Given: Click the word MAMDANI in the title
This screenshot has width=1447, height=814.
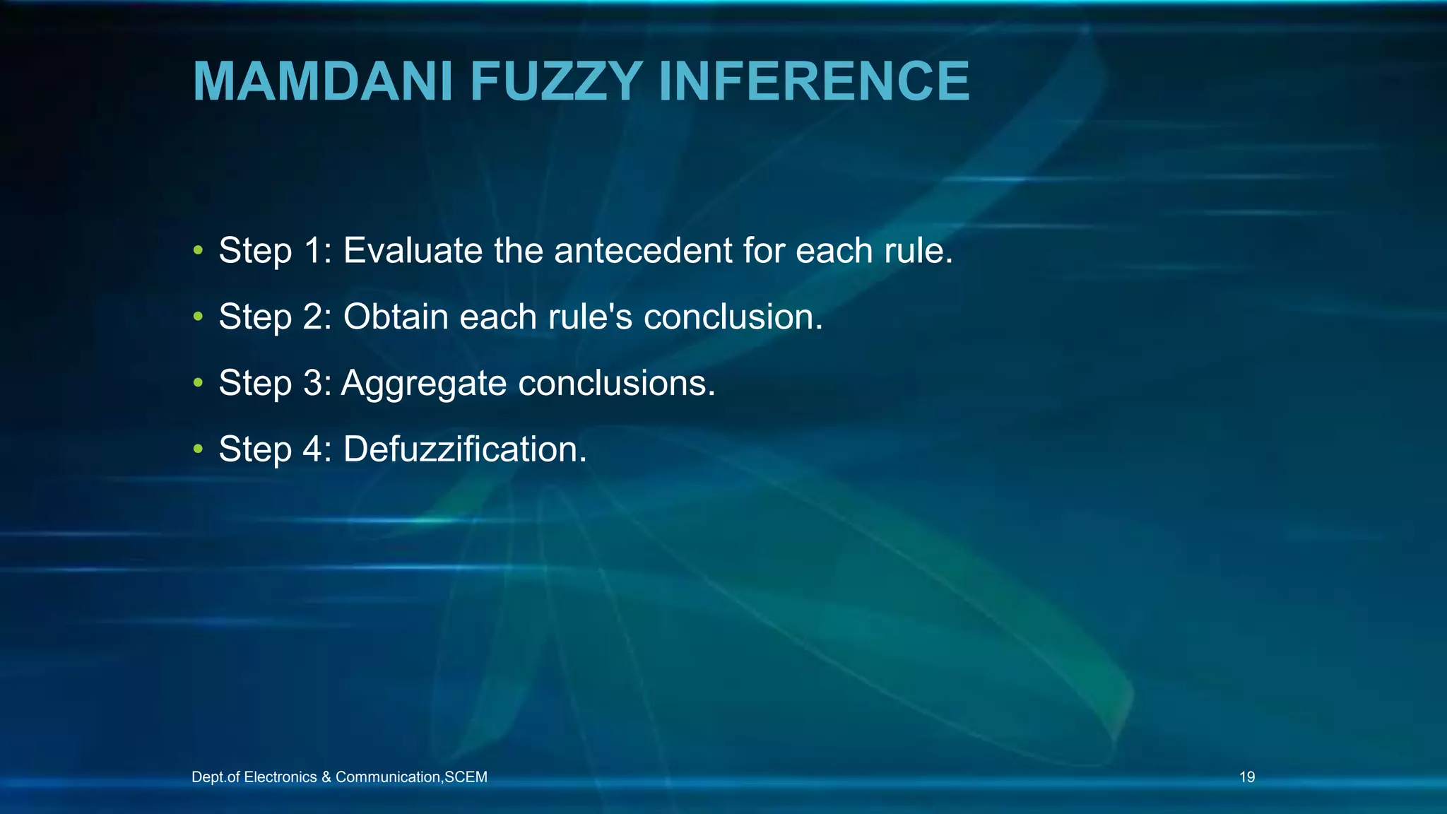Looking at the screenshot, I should pyautogui.click(x=322, y=81).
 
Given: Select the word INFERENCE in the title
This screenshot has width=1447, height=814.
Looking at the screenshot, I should pyautogui.click(x=813, y=81).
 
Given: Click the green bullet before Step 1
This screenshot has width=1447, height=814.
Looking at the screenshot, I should pyautogui.click(x=199, y=250).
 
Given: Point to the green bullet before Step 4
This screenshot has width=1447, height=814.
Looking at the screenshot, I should pyautogui.click(x=199, y=449).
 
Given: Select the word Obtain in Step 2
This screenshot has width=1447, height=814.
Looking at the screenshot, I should pyautogui.click(x=396, y=317).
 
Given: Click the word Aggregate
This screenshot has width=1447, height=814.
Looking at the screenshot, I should pyautogui.click(x=424, y=384).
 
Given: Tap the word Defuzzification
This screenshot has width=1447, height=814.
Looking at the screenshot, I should pyautogui.click(x=463, y=449).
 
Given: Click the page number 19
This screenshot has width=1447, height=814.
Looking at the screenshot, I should pyautogui.click(x=1247, y=777).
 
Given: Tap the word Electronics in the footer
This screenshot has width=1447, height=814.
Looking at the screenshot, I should pyautogui.click(x=280, y=777).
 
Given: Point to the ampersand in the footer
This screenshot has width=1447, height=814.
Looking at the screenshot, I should pyautogui.click(x=326, y=777).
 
